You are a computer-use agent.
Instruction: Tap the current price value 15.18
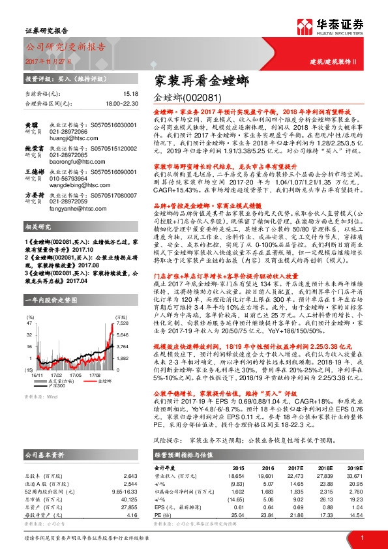(113, 94)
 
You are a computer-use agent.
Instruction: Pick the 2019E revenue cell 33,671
(352, 475)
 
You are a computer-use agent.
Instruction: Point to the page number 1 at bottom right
(361, 537)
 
